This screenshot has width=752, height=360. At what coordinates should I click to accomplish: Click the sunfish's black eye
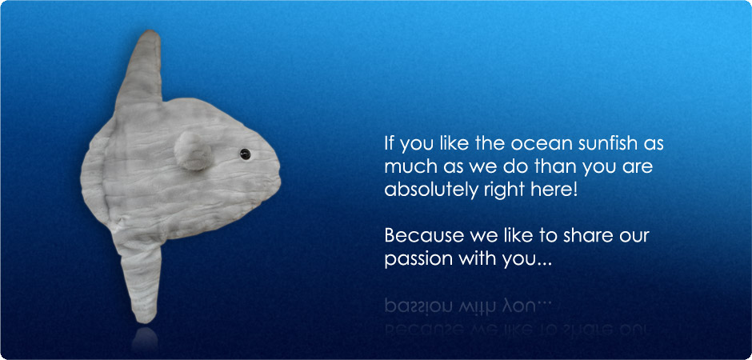[x=245, y=153]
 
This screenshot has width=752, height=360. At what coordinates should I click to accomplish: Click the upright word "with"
[x=474, y=260]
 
